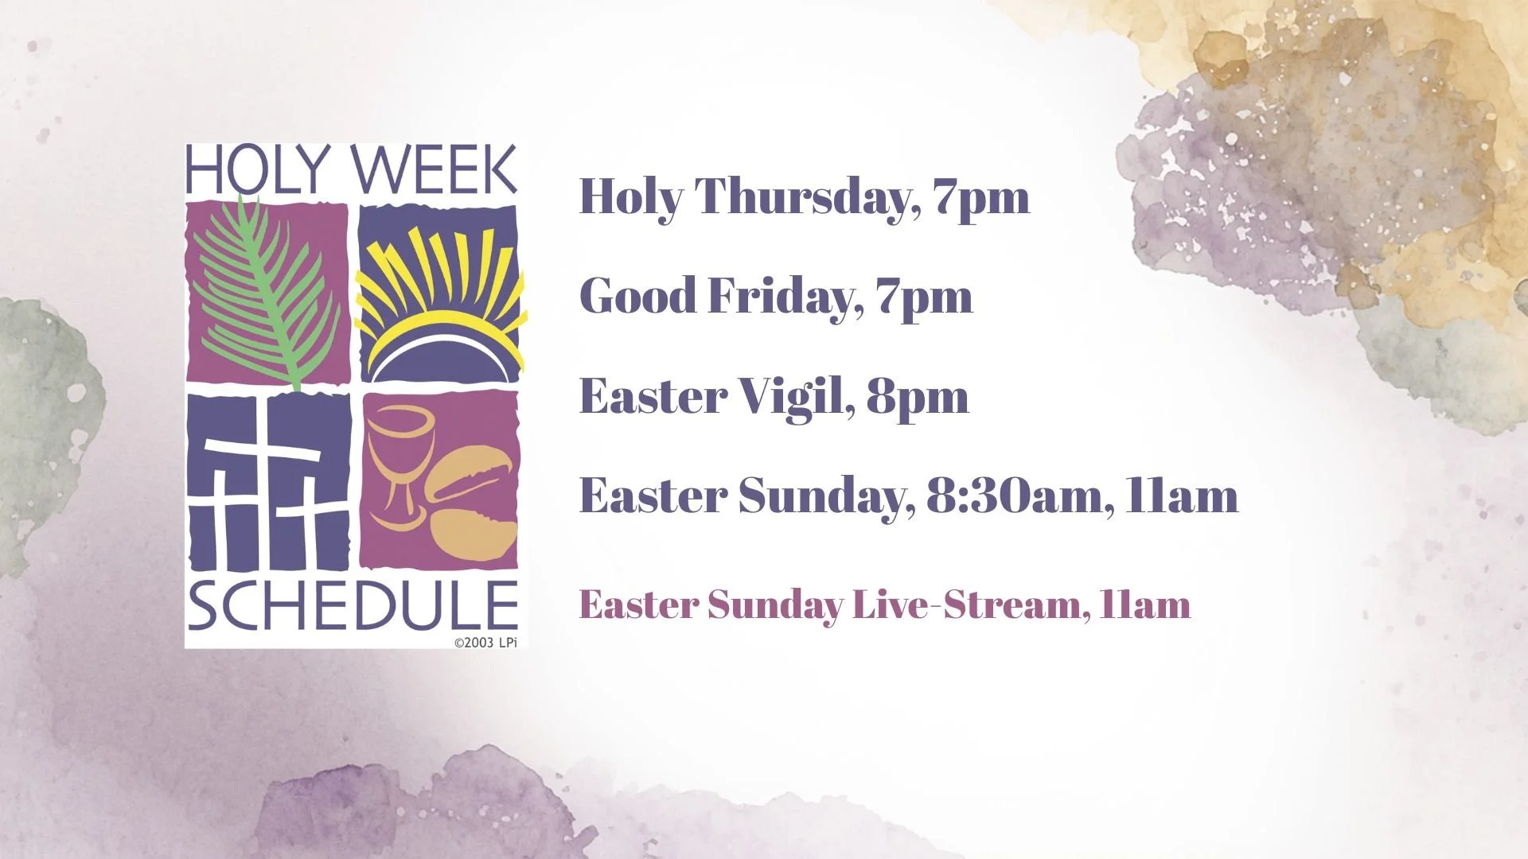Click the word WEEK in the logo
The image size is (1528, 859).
click(x=434, y=169)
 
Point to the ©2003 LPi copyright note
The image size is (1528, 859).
click(x=485, y=642)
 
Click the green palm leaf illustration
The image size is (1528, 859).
click(x=263, y=294)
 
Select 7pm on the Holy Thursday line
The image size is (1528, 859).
click(x=982, y=196)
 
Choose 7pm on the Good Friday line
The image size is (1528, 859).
click(x=924, y=297)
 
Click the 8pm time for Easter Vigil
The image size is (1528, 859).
click(x=917, y=396)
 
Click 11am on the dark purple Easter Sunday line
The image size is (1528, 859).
click(x=1182, y=496)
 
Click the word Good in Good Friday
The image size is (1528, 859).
click(x=637, y=297)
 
